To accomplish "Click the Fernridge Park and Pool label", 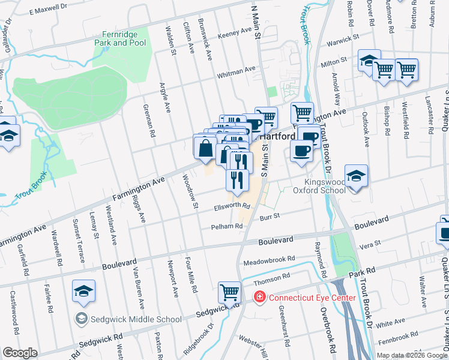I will click(120, 39).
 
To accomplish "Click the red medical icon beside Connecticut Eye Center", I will click(259, 297).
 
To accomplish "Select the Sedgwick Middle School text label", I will click(136, 319).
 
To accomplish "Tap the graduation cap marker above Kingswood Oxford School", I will click(356, 176).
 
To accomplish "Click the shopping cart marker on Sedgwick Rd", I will click(229, 293).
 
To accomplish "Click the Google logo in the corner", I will click(20, 353).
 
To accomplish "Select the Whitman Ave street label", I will click(236, 71).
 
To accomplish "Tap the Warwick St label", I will click(342, 39).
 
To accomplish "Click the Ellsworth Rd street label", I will click(232, 207).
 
